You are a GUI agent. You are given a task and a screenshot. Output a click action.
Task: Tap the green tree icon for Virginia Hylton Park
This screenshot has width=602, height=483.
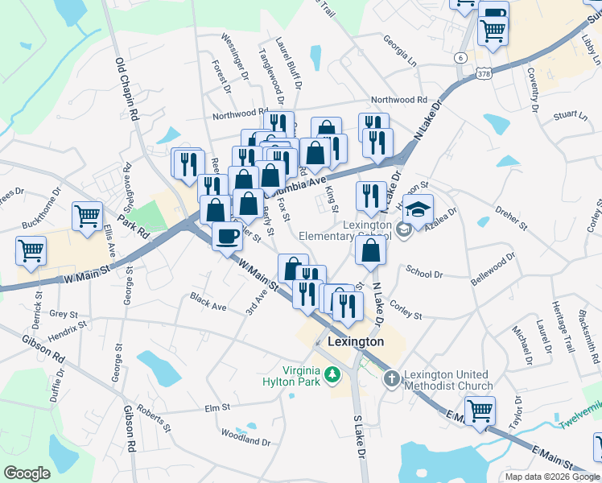[331, 374]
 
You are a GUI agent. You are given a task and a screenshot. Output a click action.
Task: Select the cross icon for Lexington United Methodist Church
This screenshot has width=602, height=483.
[391, 377]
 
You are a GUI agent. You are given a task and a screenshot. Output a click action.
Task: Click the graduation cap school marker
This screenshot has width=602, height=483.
[418, 210]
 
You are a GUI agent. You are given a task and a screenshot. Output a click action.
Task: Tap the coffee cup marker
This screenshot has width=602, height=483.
[226, 236]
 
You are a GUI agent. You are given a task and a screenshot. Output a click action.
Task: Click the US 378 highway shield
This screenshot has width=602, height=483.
[482, 73]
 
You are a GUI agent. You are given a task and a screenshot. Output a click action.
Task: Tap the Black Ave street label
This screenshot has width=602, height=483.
[208, 303]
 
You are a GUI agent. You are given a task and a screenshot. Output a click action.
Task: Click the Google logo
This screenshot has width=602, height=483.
[27, 473]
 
